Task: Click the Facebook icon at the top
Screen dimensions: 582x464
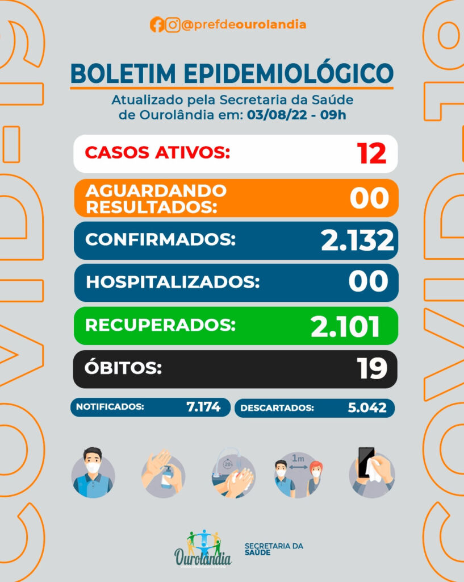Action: tap(157, 25)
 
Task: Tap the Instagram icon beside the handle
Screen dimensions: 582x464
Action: tap(173, 25)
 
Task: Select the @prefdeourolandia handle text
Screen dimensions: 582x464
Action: tap(244, 25)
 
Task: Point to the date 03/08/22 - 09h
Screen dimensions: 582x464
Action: tap(296, 114)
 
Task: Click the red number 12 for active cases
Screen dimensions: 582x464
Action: tap(371, 153)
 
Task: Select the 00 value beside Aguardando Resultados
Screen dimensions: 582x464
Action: tap(369, 198)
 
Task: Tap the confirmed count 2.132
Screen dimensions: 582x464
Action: tap(357, 240)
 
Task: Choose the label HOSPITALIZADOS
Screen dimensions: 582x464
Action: tap(172, 282)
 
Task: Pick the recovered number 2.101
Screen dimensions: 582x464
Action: tap(345, 326)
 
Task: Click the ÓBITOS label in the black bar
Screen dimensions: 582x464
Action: tap(123, 368)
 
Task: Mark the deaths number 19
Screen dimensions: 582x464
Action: tap(372, 369)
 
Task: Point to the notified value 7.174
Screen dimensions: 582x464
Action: tap(203, 407)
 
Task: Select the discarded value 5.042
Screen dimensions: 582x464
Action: tap(367, 408)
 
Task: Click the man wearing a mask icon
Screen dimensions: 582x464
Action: tap(93, 472)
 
